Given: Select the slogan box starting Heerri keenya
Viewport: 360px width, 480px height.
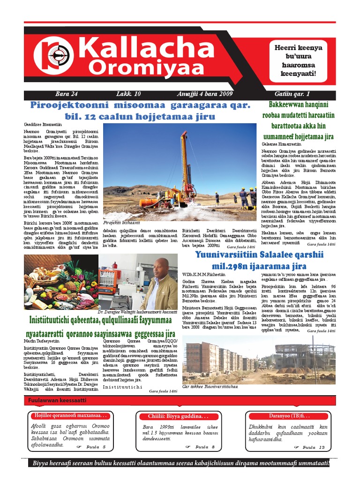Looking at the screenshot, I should click(x=301, y=60).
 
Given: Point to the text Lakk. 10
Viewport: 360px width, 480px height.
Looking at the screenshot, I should click(x=128, y=94).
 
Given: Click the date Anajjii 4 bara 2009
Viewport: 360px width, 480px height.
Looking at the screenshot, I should click(x=205, y=94).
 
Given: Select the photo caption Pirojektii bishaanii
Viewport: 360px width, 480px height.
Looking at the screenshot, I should click(x=121, y=223).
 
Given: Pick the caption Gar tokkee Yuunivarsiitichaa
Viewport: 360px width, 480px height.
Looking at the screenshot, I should click(x=210, y=387).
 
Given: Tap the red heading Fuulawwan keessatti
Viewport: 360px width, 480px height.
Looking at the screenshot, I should click(x=57, y=400).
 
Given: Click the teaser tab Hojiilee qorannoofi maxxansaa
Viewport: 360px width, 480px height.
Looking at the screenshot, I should click(x=70, y=416).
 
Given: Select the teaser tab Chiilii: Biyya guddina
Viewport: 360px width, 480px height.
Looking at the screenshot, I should click(x=178, y=416).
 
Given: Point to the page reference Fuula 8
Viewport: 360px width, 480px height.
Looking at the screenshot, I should click(x=205, y=447).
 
